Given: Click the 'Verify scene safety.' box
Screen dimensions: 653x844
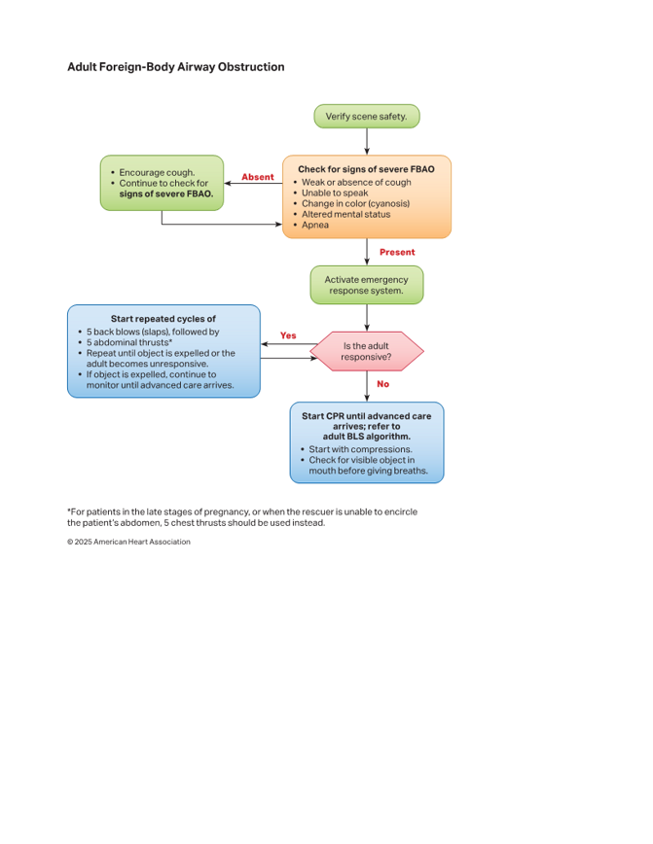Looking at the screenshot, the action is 366,117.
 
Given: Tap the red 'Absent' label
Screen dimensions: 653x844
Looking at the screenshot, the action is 258,177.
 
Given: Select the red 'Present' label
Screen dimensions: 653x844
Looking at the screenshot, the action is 397,252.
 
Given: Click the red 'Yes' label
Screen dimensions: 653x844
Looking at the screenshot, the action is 288,335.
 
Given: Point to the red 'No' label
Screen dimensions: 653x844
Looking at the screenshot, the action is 383,384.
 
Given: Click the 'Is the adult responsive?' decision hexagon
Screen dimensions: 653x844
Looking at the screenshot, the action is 366,351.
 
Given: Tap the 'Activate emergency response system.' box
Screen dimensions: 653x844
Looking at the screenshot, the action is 366,285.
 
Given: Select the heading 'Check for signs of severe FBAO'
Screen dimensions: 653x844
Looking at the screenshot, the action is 366,169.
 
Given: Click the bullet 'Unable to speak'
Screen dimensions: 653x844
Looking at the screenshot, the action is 335,193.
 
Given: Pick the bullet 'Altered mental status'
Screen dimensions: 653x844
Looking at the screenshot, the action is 345,214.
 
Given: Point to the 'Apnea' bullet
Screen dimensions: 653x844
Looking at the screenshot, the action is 315,225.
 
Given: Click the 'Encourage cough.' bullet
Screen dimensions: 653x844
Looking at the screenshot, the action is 157,172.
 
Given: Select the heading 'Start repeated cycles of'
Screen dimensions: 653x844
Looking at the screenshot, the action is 163,319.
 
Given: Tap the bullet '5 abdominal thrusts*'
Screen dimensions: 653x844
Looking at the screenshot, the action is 129,342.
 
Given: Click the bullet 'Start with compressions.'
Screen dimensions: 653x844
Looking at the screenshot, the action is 360,449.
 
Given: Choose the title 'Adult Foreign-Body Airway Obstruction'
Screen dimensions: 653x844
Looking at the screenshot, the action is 175,67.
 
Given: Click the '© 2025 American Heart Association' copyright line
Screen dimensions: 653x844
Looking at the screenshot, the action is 128,542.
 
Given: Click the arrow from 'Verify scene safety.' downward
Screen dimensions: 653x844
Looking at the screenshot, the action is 367,142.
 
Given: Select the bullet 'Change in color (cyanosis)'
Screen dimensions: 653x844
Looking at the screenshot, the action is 355,203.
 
